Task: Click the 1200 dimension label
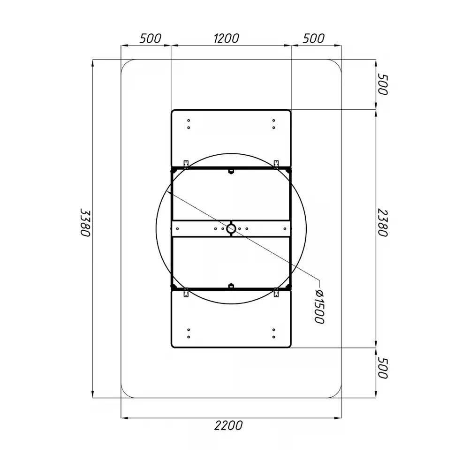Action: (x=227, y=38)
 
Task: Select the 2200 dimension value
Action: (x=228, y=425)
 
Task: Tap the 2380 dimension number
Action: (x=383, y=223)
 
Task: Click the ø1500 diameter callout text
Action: (x=320, y=307)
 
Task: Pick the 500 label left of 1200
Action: (x=151, y=38)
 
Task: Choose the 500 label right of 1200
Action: (x=313, y=38)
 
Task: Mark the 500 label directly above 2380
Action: (x=383, y=84)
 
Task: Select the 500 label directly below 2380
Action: (x=383, y=368)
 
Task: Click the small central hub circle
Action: (x=231, y=229)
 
